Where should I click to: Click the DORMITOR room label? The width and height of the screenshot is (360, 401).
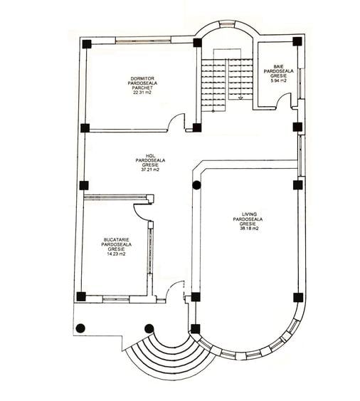click(142, 78)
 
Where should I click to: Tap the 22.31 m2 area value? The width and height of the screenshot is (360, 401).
click(142, 93)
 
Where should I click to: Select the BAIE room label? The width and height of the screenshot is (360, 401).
click(278, 67)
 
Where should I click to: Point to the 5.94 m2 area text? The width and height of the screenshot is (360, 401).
click(278, 80)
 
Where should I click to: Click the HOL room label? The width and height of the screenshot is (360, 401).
click(151, 156)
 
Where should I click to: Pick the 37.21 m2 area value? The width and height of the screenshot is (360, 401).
click(150, 170)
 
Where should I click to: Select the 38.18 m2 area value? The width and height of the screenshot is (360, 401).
click(249, 229)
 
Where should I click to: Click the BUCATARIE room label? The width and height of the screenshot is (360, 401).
click(116, 240)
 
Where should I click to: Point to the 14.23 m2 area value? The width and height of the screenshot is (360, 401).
click(116, 254)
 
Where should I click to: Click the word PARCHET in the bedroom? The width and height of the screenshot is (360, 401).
click(142, 88)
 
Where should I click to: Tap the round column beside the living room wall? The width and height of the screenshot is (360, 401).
click(196, 185)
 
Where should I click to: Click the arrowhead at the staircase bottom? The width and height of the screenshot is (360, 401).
click(240, 98)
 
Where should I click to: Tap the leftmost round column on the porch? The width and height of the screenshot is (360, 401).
click(80, 328)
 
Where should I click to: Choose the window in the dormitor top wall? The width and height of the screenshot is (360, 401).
click(143, 40)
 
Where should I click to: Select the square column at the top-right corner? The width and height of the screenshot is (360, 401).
click(297, 41)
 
